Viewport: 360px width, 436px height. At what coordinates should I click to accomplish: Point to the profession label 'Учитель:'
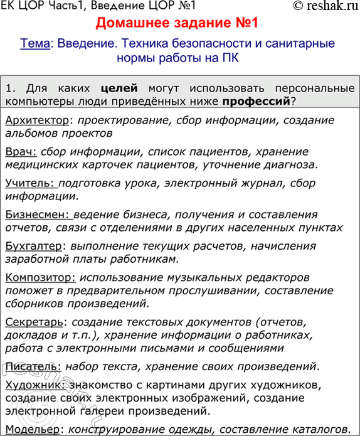point(31,183)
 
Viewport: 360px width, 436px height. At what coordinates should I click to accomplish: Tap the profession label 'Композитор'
point(40,277)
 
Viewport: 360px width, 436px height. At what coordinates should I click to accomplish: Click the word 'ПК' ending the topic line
point(228,58)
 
